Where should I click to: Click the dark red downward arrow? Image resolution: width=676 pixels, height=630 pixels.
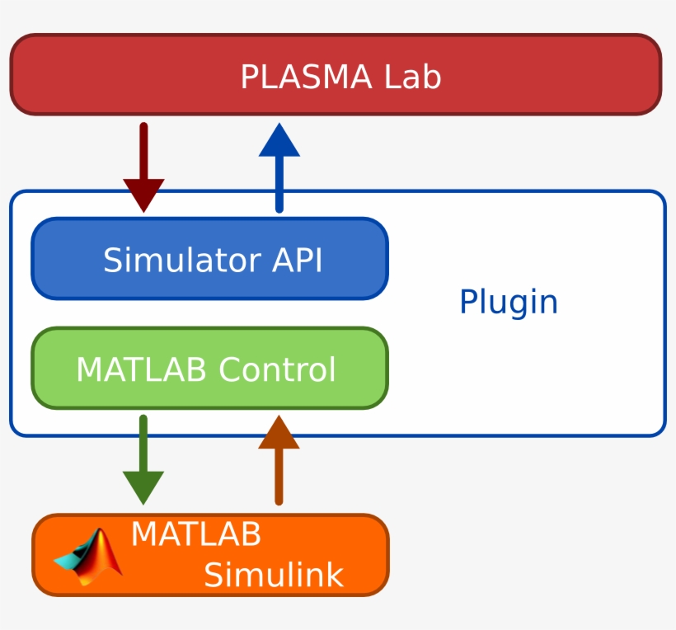click(143, 165)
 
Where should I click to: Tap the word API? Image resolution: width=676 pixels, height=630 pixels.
click(297, 261)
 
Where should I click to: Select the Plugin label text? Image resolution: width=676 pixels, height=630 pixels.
click(508, 303)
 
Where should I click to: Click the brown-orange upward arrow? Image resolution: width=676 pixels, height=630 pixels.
click(279, 462)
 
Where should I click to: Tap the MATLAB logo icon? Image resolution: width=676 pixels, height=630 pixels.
click(89, 557)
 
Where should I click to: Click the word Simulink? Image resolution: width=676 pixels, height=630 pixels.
click(273, 575)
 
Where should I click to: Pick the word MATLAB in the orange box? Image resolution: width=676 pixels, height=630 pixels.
click(195, 534)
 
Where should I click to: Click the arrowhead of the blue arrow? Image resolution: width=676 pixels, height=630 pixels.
click(279, 140)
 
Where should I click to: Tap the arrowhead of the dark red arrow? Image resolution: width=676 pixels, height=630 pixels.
click(143, 195)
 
